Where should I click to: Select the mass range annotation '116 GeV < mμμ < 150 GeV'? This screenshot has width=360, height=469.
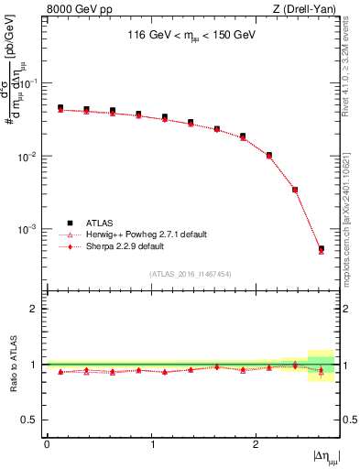(191, 38)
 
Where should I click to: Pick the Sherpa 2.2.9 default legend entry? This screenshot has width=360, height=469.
(125, 246)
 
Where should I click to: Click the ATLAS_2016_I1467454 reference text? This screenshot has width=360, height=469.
(191, 273)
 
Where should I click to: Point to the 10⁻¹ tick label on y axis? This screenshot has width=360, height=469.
(29, 83)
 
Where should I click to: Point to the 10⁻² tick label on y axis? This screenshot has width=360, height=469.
(29, 156)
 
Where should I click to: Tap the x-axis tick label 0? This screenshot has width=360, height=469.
(47, 443)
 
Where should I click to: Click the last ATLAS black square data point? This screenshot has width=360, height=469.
(322, 248)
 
